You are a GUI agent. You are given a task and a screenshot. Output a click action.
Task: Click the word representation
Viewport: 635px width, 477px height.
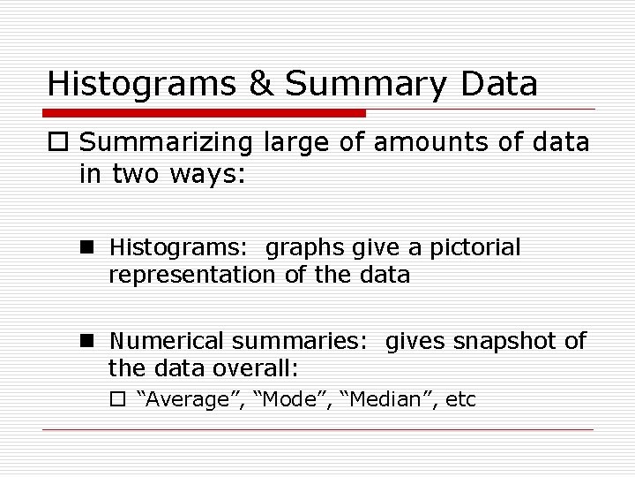191,275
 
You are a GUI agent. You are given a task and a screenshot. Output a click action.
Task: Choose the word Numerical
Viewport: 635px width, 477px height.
165,341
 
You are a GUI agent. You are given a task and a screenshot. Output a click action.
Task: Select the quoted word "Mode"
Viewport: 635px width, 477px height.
291,399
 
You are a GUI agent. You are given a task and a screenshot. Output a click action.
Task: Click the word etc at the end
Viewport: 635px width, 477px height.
461,400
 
